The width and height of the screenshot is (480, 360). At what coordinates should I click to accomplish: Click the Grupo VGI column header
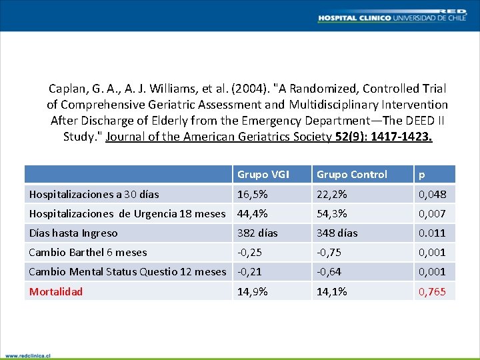click(263, 175)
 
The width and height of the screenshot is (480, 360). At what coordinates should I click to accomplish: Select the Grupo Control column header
click(351, 175)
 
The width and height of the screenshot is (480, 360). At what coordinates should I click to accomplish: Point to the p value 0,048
click(432, 194)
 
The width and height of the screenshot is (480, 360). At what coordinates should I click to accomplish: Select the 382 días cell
click(258, 233)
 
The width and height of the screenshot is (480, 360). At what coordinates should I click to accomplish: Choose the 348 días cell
click(337, 233)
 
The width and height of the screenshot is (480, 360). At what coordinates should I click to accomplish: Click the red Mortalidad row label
click(56, 291)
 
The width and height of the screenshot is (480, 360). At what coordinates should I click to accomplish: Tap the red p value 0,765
click(432, 291)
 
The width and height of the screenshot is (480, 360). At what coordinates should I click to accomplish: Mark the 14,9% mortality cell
click(253, 291)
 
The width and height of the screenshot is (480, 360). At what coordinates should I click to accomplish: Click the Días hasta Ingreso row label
click(73, 233)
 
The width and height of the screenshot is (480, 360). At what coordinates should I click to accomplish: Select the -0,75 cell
click(329, 252)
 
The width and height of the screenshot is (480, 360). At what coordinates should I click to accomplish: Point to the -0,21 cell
click(249, 271)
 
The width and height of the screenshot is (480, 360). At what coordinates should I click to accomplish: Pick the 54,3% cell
click(331, 213)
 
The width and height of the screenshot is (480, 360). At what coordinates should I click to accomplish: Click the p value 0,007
click(432, 213)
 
